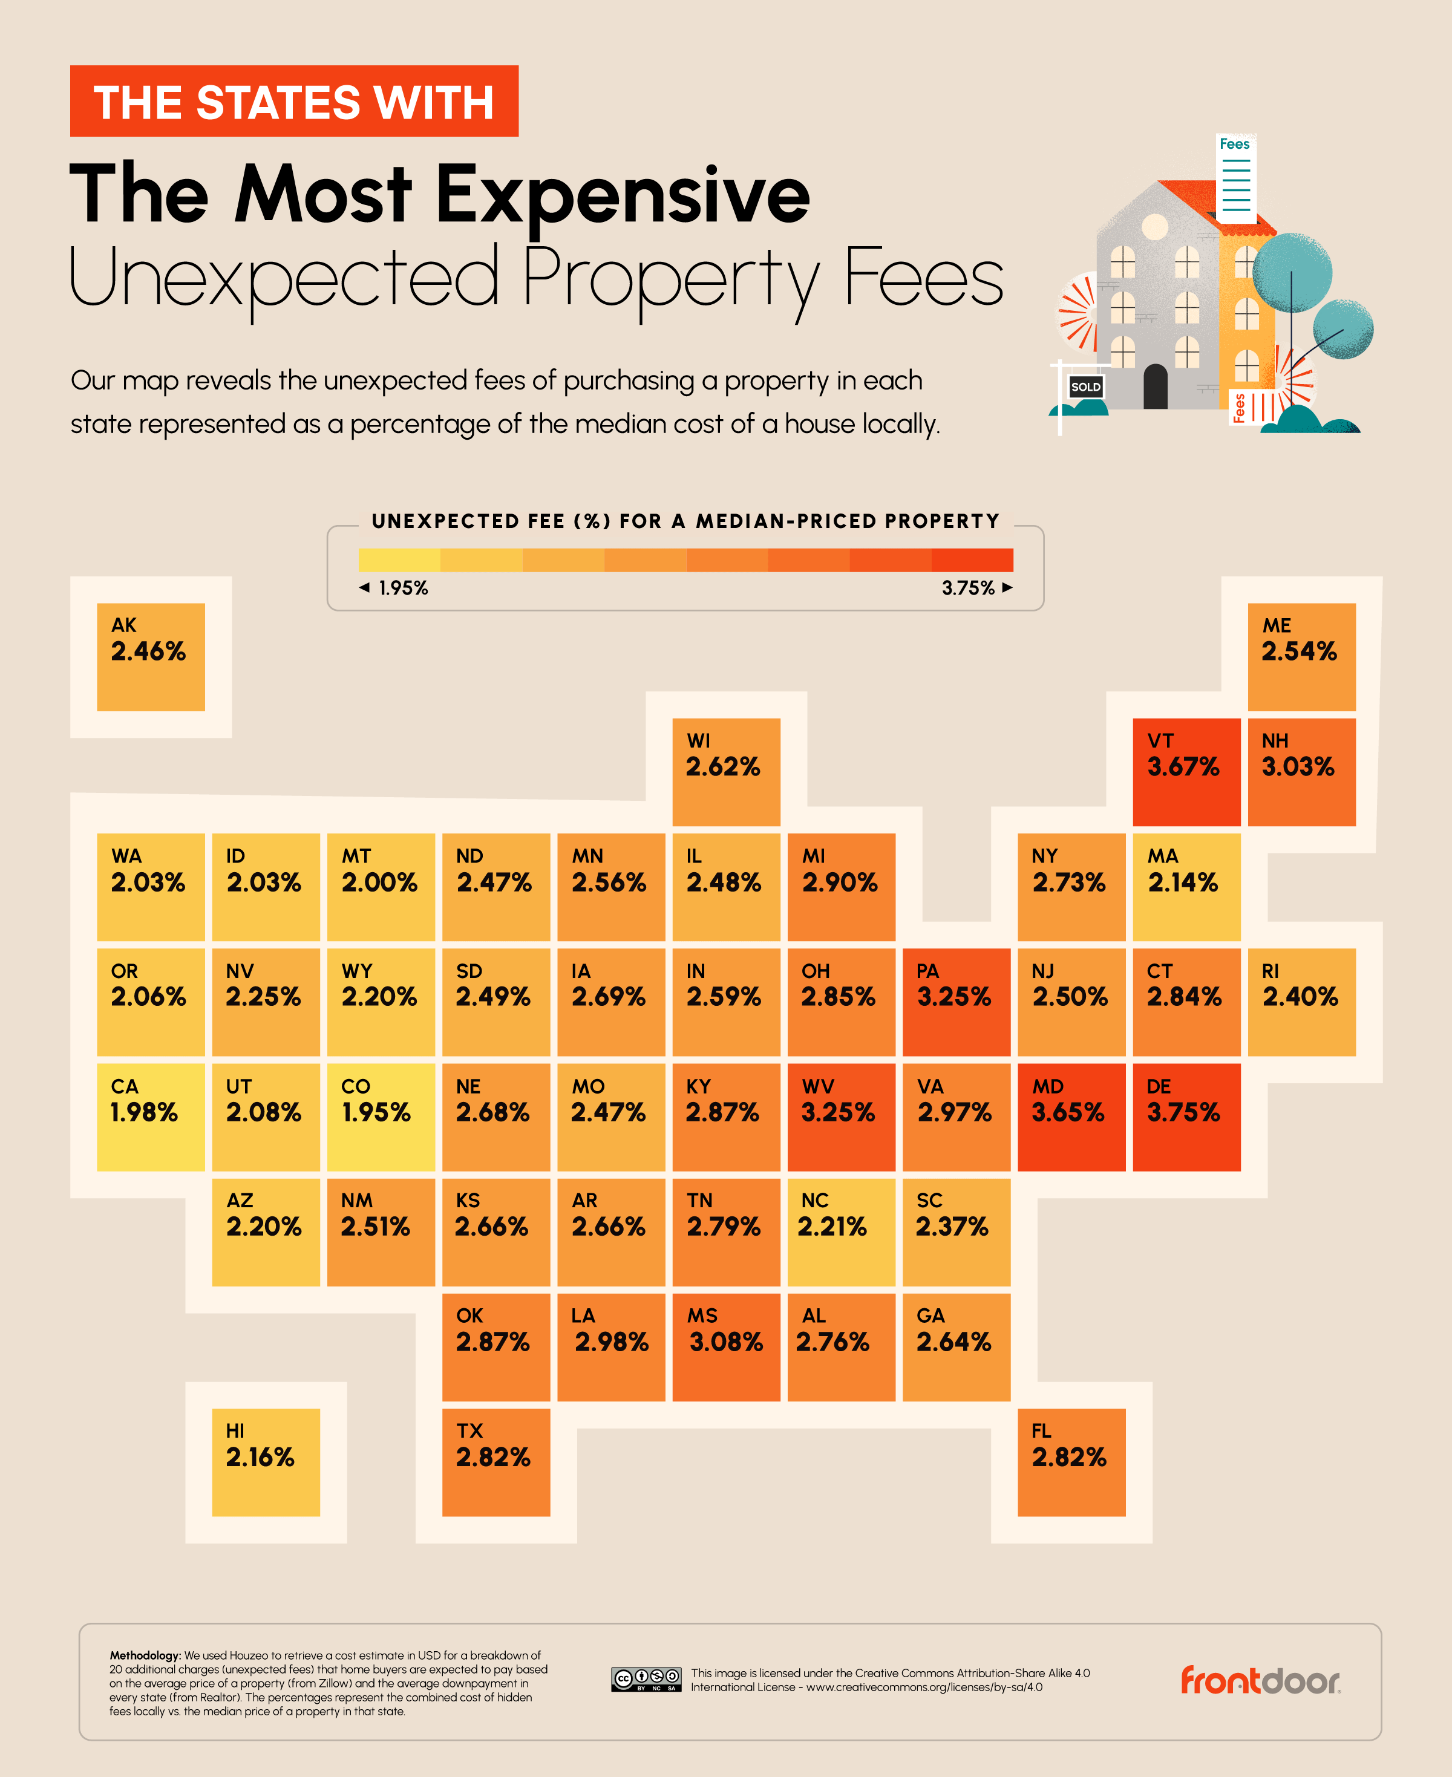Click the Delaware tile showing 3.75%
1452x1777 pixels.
(1186, 1117)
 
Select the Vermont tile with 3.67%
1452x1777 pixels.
(1186, 772)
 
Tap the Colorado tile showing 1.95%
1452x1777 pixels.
(381, 1117)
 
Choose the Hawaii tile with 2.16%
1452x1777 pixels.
(266, 1462)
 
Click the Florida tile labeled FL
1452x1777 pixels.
(1071, 1462)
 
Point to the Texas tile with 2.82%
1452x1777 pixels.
(496, 1462)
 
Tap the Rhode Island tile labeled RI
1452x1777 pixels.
(1301, 1002)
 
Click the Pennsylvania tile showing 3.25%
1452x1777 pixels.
(956, 1002)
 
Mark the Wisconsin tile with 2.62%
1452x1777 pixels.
(726, 772)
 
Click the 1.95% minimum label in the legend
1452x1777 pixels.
(402, 588)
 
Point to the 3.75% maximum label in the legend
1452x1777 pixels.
(968, 588)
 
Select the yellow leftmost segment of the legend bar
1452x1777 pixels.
(399, 559)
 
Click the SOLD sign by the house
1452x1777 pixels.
(1085, 386)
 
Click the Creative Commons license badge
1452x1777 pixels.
(645, 1679)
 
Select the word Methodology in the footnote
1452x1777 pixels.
(145, 1655)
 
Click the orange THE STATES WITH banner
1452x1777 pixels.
(293, 101)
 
